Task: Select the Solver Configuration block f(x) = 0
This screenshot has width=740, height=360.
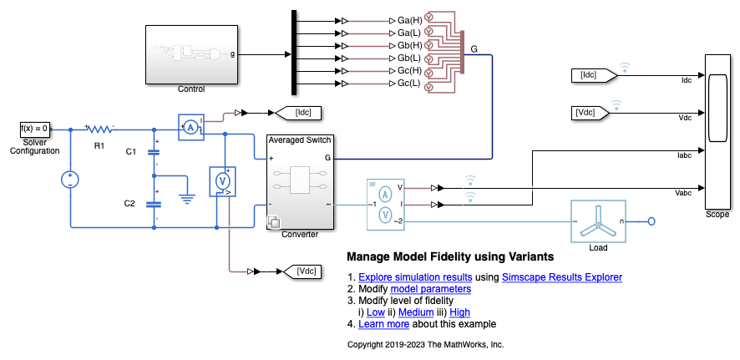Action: point(35,129)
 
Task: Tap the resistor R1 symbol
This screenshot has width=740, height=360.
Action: point(99,129)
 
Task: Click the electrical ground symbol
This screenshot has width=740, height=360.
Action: point(188,199)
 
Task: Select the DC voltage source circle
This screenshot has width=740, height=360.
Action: point(69,179)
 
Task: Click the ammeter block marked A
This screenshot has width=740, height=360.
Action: point(190,126)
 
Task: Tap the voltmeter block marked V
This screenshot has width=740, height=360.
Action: point(223,180)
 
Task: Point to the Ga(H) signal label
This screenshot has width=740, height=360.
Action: point(409,19)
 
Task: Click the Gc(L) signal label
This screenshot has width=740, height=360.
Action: point(409,84)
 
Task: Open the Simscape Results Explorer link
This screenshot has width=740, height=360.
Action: point(561,277)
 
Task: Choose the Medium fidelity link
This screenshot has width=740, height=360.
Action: point(416,312)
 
